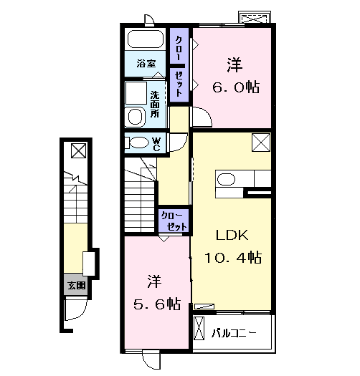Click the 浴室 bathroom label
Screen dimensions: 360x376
click(146, 64)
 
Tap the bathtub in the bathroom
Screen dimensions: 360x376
click(146, 39)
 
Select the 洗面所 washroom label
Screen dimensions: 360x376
click(155, 104)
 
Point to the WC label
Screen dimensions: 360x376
click(156, 144)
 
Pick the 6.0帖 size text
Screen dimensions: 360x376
click(236, 87)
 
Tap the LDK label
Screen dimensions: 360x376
click(232, 235)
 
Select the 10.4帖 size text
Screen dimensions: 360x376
click(233, 257)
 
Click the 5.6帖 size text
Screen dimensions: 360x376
click(157, 304)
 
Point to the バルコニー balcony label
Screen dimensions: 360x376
click(234, 333)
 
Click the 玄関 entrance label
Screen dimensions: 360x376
click(77, 285)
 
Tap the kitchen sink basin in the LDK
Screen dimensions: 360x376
click(226, 179)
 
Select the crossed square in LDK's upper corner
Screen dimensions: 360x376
click(261, 143)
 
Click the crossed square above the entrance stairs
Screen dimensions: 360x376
click(79, 150)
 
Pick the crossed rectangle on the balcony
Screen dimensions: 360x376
click(199, 328)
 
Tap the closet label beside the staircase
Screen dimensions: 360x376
click(174, 221)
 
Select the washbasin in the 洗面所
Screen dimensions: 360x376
click(135, 117)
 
